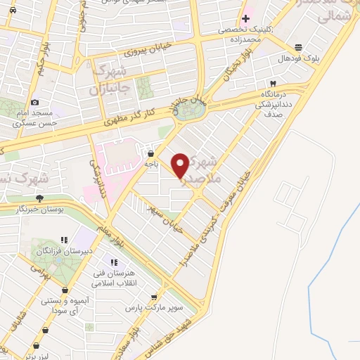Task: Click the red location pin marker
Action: [181, 165]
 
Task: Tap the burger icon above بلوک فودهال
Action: [300, 48]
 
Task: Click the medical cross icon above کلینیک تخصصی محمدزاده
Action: [245, 18]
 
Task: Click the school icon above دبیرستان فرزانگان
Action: [64, 239]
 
